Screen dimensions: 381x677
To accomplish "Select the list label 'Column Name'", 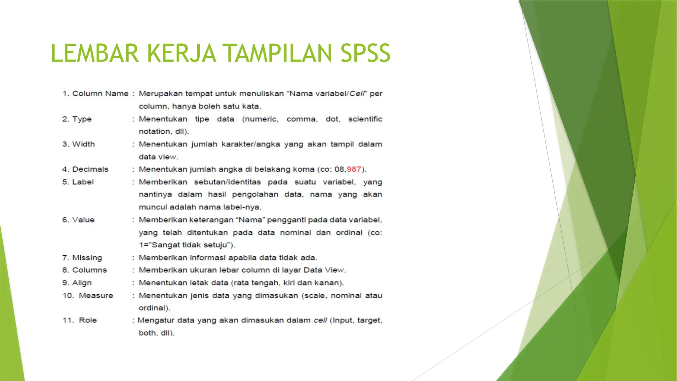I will [x=100, y=94].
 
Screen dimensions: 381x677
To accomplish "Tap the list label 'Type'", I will [x=82, y=119].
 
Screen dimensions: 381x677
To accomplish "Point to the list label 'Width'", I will [x=83, y=144].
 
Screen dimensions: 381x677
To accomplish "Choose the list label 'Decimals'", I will [x=90, y=169].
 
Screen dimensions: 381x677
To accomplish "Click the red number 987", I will [x=354, y=169].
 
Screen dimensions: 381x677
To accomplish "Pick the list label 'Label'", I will [x=83, y=182].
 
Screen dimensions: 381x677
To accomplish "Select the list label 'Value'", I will [x=83, y=220].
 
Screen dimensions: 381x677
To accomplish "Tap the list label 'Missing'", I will [x=87, y=258].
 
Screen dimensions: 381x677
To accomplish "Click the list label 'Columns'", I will [x=89, y=270].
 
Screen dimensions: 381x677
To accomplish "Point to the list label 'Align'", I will [x=82, y=283].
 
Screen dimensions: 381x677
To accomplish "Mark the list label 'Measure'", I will [x=96, y=295].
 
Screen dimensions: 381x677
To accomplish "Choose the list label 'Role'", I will [x=88, y=320].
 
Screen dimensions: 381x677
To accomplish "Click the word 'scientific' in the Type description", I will [x=365, y=119].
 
